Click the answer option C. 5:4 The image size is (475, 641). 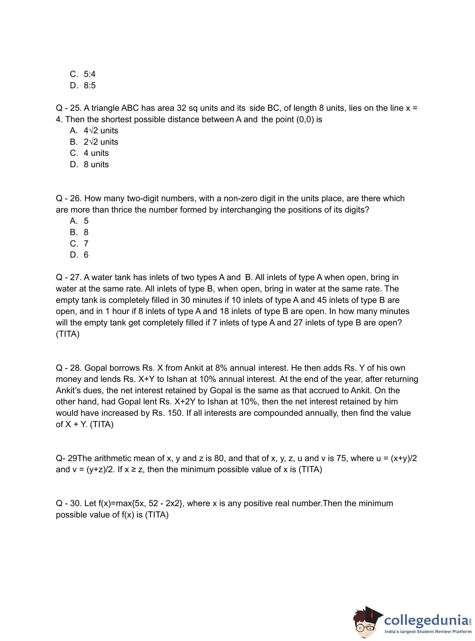[83, 74]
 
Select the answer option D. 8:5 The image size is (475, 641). [83, 85]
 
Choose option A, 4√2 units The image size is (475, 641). [94, 131]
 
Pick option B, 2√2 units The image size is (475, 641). [94, 142]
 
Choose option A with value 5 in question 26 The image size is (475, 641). [79, 221]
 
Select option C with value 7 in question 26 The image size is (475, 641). [79, 244]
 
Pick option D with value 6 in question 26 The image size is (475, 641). [79, 255]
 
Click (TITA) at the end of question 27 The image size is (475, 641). [68, 334]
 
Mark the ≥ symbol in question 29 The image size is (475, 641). [134, 470]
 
